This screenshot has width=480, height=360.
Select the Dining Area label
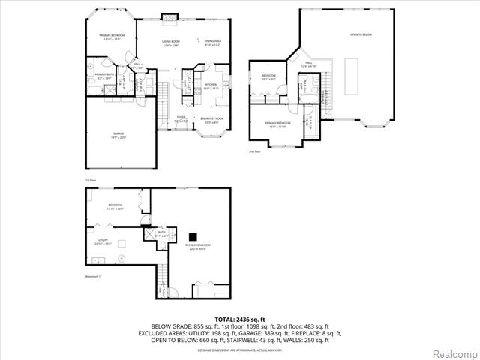coord(212,43)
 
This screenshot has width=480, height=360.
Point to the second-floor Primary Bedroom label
coord(278,124)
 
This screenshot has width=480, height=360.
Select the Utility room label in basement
coord(103,242)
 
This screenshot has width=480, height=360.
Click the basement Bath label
coord(161,234)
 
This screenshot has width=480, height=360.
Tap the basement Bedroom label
coord(115,206)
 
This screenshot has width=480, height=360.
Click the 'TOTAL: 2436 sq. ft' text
coord(240,319)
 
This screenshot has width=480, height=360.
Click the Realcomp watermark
coord(452,352)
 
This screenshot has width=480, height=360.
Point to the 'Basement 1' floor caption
coord(94,277)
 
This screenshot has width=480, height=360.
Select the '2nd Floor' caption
coord(255,151)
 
